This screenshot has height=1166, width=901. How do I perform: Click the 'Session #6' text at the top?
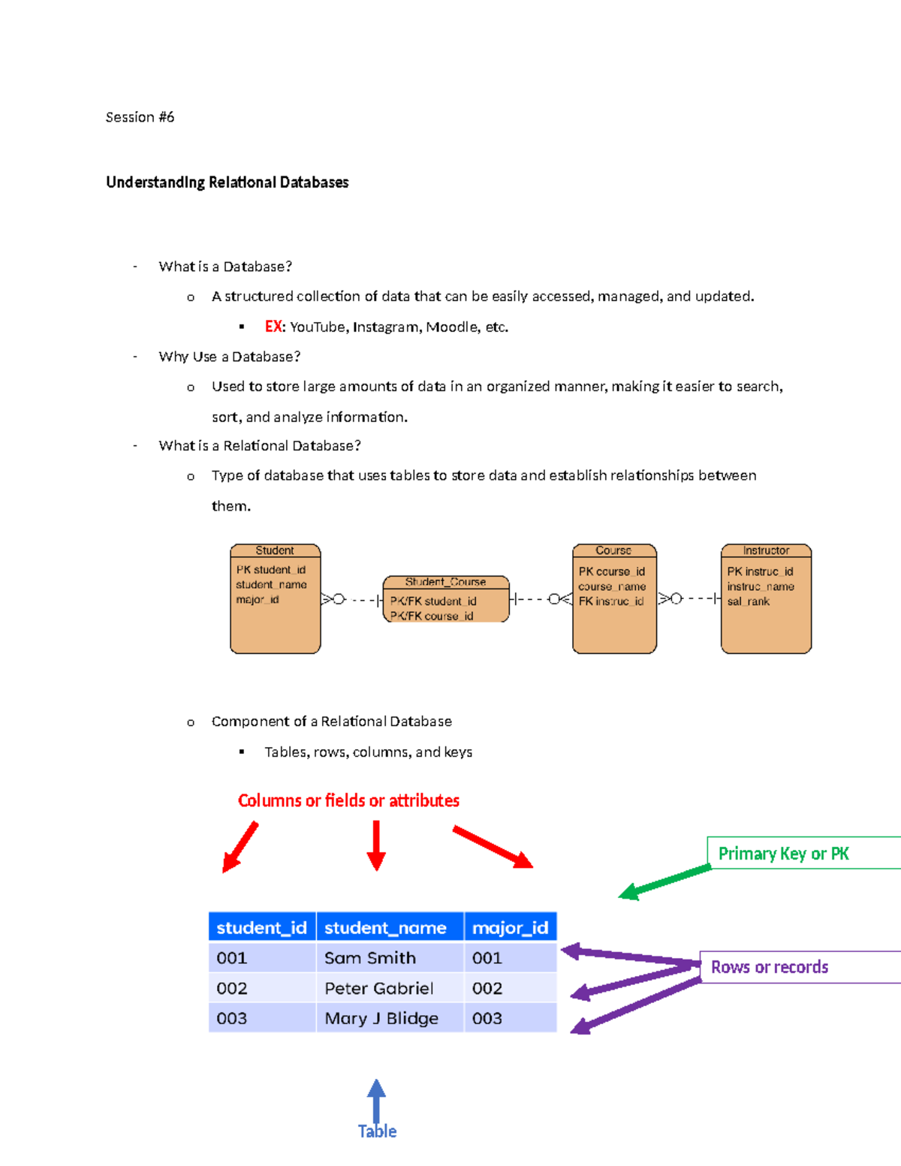coord(140,117)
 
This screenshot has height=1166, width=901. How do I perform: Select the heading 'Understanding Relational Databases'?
coord(227,182)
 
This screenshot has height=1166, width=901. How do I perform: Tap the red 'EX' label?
coord(273,327)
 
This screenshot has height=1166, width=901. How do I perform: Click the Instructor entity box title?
coord(766,550)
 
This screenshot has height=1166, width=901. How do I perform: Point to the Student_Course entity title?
coord(445,582)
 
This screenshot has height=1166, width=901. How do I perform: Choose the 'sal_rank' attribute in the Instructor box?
coord(748,601)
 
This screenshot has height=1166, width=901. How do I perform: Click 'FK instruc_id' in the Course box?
coord(611,601)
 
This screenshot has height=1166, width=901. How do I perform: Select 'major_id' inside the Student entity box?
coord(258,600)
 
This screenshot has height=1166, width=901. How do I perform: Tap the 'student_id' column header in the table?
coord(261,928)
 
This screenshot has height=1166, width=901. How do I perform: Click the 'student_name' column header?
coord(385,928)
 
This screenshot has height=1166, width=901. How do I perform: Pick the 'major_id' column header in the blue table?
coord(510,928)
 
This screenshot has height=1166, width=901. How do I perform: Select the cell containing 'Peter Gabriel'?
coord(379,988)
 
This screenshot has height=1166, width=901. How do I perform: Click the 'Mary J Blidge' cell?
coord(381,1018)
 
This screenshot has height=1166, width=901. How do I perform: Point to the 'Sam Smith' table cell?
coord(370,958)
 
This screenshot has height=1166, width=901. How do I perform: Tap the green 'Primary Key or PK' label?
coord(783,854)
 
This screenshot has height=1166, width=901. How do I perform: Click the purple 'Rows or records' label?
coord(770,967)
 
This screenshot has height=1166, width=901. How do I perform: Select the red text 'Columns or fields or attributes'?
coord(348,800)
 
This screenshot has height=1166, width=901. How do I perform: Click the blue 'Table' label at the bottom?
coord(377,1131)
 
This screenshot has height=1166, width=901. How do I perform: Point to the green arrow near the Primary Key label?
coord(664,881)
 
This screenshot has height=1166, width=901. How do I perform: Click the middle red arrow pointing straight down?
coord(376,845)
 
